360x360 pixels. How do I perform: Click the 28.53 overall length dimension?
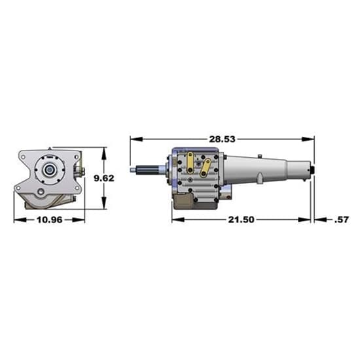click(222, 139)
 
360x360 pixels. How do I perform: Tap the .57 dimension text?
click(341, 219)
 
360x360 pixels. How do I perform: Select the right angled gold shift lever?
click(207, 168)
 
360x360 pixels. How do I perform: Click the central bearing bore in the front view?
click(49, 169)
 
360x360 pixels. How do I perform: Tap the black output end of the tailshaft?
click(312, 171)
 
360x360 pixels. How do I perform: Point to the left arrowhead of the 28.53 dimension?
click(134, 139)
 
